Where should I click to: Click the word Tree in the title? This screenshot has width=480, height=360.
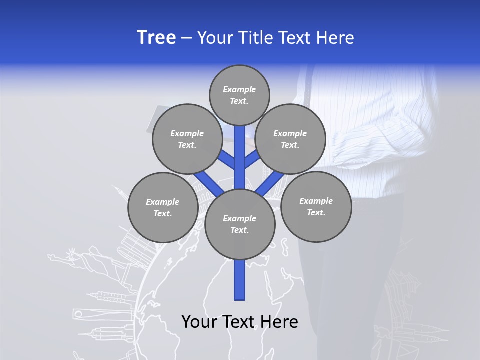click(156, 38)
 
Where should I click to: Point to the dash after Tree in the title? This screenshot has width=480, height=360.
click(186, 38)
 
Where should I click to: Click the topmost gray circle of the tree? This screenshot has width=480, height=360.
click(239, 95)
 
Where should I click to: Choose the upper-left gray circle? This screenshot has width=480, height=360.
click(187, 139)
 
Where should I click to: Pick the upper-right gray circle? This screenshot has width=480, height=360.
click(290, 139)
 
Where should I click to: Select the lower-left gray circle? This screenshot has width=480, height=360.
click(163, 207)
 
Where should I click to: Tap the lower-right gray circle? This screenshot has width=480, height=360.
click(316, 206)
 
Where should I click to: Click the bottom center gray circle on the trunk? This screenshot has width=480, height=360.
click(240, 224)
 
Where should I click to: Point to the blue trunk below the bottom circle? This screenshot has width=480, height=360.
click(240, 280)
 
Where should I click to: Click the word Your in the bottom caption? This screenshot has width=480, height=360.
click(200, 322)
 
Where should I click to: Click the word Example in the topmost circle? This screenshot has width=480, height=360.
click(239, 90)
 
